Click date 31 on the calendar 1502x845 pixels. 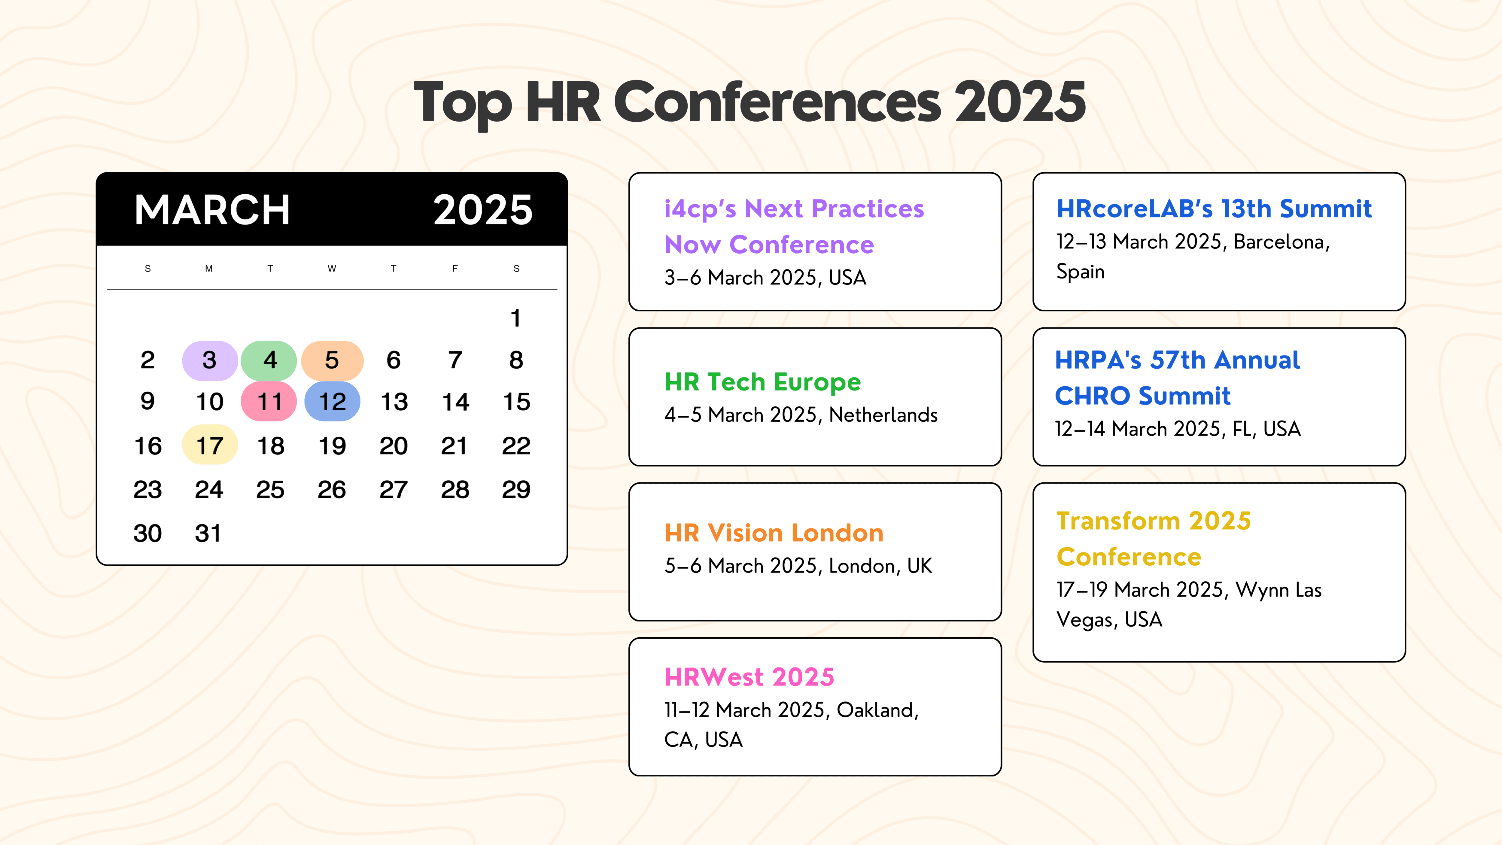coord(208,533)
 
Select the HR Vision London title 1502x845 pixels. coord(774,533)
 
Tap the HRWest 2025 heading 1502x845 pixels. coord(749,677)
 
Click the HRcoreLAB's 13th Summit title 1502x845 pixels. coord(1214,209)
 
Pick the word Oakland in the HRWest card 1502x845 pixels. coord(876,710)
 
